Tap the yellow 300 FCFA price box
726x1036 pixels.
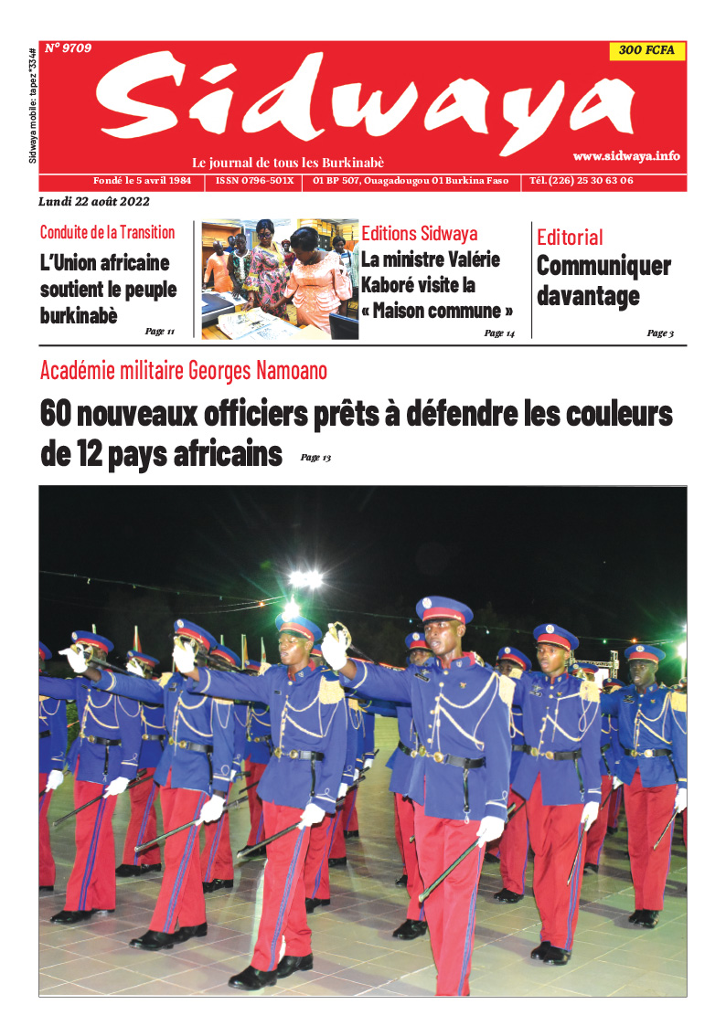click(646, 50)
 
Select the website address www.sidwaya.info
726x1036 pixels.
click(626, 156)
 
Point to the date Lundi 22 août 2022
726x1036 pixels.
click(94, 202)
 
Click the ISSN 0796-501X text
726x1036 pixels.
click(255, 181)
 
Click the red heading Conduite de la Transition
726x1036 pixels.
click(107, 232)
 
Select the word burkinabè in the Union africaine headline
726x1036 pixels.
click(78, 315)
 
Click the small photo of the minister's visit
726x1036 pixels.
click(280, 279)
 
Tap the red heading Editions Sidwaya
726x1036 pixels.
click(419, 234)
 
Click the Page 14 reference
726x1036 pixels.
click(499, 333)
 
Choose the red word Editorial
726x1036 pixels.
click(570, 238)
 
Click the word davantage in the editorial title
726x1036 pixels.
click(588, 296)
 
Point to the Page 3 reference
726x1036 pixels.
click(659, 333)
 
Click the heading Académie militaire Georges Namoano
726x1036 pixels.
click(184, 371)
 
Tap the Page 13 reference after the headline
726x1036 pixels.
click(315, 458)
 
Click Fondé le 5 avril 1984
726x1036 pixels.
click(142, 181)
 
